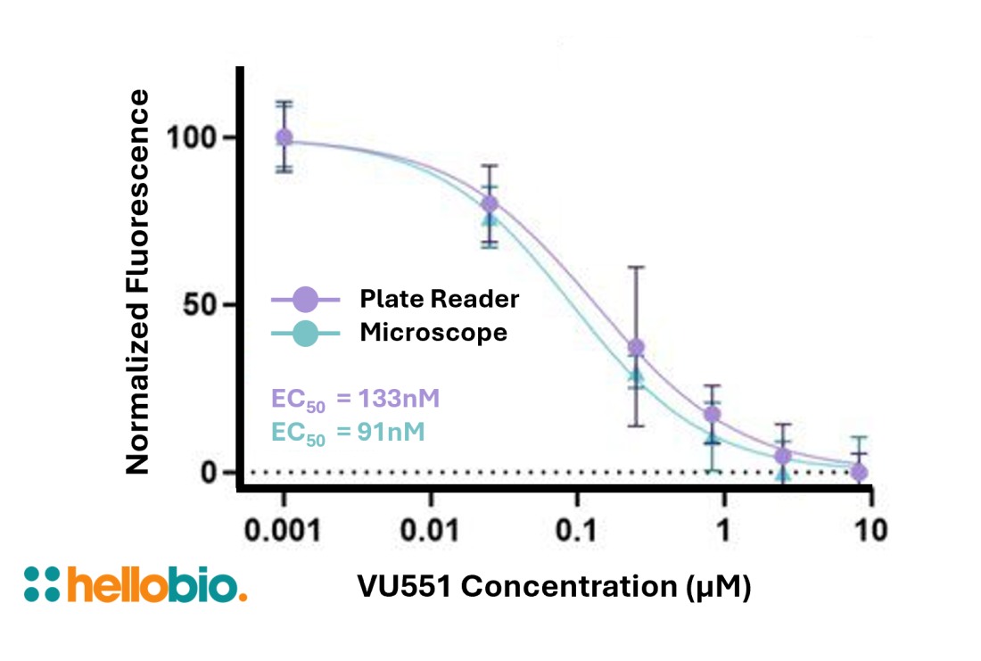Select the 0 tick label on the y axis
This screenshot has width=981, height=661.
(x=210, y=471)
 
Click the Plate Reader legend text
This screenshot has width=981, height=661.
(x=439, y=299)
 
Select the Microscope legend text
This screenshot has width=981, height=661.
(x=433, y=333)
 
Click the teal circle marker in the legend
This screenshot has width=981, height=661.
(x=306, y=334)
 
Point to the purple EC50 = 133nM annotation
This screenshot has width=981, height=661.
(x=355, y=398)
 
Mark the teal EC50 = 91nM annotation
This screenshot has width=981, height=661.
(x=348, y=432)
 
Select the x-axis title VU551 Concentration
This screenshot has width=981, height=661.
(x=553, y=587)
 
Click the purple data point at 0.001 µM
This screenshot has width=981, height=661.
(x=284, y=137)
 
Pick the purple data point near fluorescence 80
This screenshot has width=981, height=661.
(x=489, y=203)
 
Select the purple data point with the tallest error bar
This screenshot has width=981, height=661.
(x=636, y=347)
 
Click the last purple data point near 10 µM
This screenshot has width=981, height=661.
(x=858, y=471)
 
